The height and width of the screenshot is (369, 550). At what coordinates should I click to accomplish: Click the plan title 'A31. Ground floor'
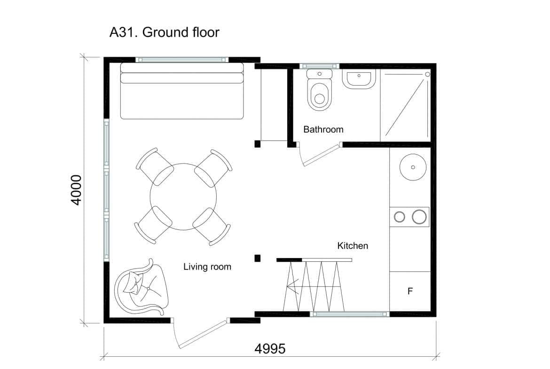point(165,32)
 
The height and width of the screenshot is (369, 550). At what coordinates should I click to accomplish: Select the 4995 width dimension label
point(270,349)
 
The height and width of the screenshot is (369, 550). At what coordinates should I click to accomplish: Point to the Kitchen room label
point(353,245)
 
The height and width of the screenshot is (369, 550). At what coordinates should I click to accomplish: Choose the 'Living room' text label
point(207,267)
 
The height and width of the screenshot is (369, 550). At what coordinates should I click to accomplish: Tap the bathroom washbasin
point(359,78)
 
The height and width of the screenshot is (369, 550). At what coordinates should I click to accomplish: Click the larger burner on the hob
point(419,217)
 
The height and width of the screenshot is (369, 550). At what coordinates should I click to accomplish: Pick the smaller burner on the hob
point(399,217)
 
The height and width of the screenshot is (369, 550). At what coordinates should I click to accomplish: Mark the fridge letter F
point(410,291)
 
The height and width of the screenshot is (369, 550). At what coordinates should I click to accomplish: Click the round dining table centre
point(183,196)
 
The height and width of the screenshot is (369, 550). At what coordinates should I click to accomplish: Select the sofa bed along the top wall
point(182,91)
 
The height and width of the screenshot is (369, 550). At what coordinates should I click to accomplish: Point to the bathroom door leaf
point(322,156)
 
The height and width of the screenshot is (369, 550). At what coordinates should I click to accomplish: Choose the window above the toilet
point(319,66)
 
